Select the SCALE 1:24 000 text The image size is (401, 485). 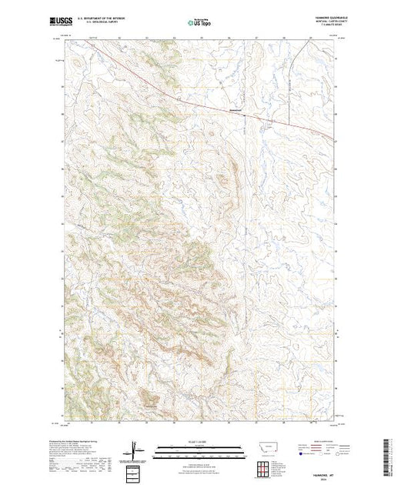pos(200,442)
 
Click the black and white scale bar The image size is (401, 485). pos(200,448)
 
